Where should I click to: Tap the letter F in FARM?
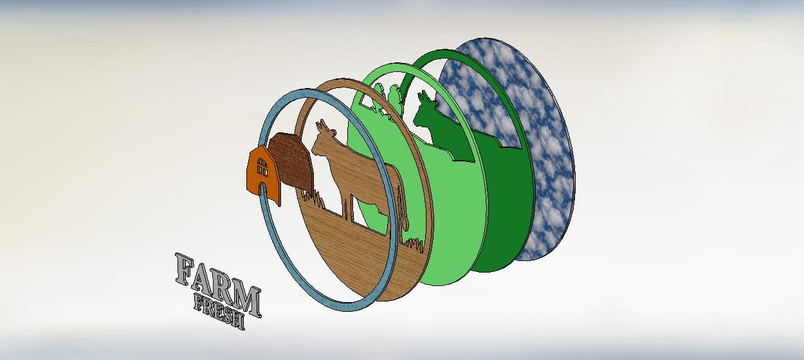click(x=185, y=269)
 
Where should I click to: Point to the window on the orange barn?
click(x=262, y=167)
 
